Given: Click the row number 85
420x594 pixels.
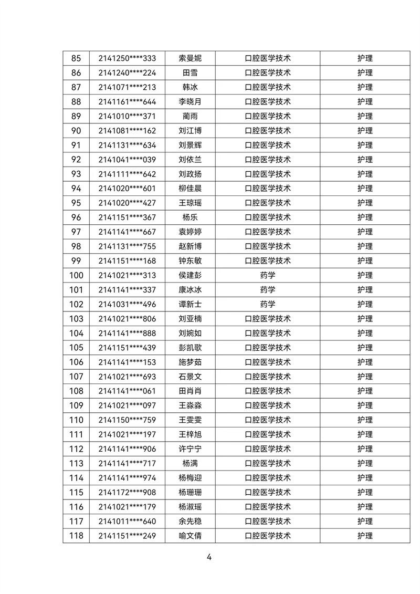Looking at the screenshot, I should coord(76,58).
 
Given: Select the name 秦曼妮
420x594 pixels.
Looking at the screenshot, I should coord(190,58).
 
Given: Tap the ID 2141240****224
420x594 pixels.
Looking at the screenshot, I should coord(127,73).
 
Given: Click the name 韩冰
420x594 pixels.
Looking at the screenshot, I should coord(190,87).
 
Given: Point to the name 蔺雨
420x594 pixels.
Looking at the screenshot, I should coord(190,116).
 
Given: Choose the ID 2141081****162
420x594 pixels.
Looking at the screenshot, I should coord(127,131).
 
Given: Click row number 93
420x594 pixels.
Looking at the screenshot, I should coord(76,174).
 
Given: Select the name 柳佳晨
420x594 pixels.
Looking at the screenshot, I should coord(190,189).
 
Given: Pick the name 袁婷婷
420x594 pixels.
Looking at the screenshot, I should coord(190,232).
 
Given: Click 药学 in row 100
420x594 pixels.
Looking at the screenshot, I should coord(268,275).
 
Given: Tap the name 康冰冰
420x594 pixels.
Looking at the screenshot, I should coord(190,289).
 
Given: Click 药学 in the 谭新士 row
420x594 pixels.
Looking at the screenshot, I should coord(268,304).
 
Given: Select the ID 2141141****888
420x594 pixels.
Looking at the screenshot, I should coord(127,333).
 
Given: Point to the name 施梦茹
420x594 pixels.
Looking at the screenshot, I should coord(190,362).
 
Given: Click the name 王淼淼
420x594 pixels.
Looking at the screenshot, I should coord(190,405).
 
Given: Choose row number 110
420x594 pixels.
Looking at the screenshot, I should coord(76,420).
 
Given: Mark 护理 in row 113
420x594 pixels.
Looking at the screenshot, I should coord(365,463).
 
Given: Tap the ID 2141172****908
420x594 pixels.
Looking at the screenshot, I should coord(127,492).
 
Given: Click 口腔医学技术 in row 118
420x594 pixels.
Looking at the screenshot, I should coord(268,536).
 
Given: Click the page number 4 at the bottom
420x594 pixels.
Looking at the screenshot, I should coord(209,558).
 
